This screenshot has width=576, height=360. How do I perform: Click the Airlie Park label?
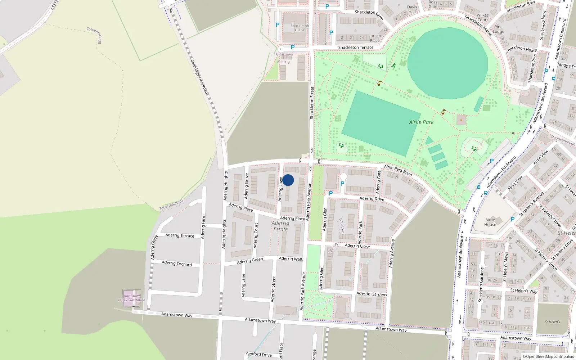[421, 122]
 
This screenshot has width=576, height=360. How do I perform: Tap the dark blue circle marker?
[288, 180]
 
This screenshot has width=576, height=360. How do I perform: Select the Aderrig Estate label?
[280, 226]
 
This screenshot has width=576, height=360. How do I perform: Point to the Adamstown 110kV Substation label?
[131, 298]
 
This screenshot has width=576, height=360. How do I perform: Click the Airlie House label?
[490, 222]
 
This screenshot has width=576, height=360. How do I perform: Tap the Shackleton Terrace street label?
[356, 47]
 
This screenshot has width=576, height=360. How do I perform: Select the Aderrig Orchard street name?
[177, 263]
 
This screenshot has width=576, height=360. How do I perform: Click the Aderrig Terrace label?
[180, 235]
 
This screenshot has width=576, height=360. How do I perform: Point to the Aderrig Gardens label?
[372, 294]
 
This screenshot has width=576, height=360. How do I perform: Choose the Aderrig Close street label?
[357, 246]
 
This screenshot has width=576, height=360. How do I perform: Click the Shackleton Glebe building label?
[300, 28]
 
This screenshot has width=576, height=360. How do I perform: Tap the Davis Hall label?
[412, 9]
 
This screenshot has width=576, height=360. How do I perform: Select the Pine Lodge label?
[498, 29]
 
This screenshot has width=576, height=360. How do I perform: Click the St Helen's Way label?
[523, 291]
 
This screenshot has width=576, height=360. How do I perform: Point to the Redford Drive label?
[259, 354]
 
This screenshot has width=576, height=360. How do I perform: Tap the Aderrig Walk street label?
[291, 258]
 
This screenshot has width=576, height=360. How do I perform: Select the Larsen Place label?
[374, 38]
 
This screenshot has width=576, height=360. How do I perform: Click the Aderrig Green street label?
[250, 261]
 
